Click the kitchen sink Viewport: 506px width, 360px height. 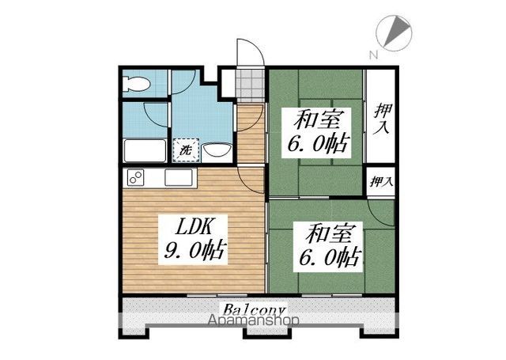(x=180, y=178)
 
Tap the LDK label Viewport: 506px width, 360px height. (x=191, y=225)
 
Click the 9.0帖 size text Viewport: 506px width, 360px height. (x=194, y=252)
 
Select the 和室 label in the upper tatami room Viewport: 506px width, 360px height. (x=315, y=119)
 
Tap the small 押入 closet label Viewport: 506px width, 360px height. (x=382, y=182)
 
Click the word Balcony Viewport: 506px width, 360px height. (x=254, y=308)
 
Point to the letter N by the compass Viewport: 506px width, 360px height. (x=372, y=54)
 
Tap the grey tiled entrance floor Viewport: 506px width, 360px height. (x=251, y=82)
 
